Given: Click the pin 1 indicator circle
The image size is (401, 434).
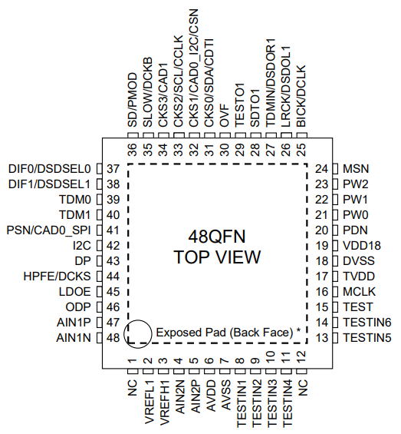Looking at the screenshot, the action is point(124,334).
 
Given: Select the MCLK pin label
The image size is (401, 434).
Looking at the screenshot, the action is point(359,292).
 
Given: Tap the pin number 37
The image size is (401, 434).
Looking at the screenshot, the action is point(113,169).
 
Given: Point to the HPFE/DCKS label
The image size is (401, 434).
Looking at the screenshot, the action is point(57,277).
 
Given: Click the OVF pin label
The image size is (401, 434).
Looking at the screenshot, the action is point(225,116).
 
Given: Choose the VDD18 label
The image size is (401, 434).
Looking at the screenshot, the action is point(362,246).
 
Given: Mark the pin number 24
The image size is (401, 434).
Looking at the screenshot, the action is point(322,169).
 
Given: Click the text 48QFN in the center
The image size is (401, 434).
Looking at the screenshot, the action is point(217,237).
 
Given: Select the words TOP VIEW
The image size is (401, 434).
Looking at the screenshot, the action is point(217,257).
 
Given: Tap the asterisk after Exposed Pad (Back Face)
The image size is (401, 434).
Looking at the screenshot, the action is point(298,330).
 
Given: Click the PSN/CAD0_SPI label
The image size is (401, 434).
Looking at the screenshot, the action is point(48,230).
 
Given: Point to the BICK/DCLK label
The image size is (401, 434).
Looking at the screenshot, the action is point(301,96).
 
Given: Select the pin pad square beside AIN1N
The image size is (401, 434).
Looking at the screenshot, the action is point(99,338).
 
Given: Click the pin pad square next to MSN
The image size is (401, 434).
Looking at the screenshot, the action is point(335,169).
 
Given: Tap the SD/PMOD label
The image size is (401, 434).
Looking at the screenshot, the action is point(133,100).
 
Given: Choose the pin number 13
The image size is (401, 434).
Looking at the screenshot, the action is point(322,338).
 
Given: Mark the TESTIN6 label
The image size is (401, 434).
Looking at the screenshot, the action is point(367,323).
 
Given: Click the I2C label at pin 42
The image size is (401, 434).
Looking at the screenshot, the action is point(82,246).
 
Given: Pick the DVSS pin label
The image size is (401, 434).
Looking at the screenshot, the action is point(359,261).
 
